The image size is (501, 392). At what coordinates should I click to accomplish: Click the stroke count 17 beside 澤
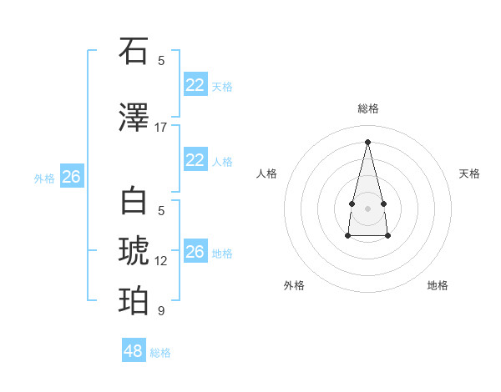(161, 128)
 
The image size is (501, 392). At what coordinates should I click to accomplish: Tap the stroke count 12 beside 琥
(161, 261)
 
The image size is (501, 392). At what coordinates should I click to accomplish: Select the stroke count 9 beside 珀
(161, 311)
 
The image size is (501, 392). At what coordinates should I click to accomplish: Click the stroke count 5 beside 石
(161, 61)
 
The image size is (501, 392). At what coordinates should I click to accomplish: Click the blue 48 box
(134, 351)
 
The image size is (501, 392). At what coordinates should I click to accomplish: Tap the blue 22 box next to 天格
(195, 85)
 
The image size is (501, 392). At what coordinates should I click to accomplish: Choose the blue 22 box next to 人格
(195, 160)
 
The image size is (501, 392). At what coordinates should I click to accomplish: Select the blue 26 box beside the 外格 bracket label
(72, 177)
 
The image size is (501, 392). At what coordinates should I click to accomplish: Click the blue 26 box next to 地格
(195, 252)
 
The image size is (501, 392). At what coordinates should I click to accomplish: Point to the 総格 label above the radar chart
(368, 108)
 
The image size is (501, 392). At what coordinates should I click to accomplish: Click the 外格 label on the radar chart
(294, 285)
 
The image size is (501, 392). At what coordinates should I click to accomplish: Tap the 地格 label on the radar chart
(438, 285)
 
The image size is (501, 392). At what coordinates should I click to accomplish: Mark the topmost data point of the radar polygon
(368, 141)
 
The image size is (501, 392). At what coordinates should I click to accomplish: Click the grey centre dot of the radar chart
(368, 208)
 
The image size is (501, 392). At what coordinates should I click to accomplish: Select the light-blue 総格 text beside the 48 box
(160, 353)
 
